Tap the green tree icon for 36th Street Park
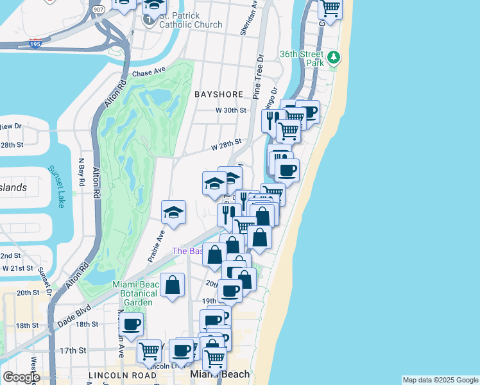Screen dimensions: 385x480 tap(333, 58)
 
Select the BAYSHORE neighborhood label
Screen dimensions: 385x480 tap(219, 94)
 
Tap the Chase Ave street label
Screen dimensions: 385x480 tap(149, 73)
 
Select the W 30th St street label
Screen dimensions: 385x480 tap(231, 110)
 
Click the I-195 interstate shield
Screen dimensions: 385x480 tap(37, 43)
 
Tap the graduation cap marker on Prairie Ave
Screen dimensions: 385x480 tap(173, 212)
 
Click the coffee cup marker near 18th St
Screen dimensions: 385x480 tap(132, 324)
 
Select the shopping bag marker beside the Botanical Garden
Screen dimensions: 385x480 tap(173, 285)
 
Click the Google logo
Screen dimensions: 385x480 tap(21, 377)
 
